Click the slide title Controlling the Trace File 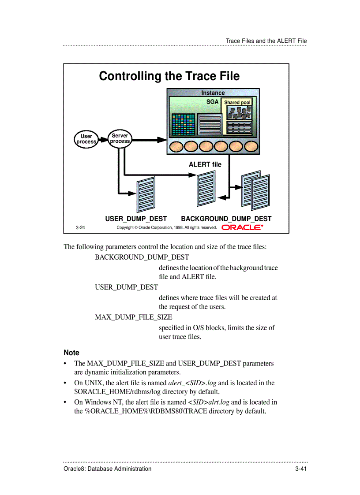click(169, 76)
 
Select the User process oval click(86, 139)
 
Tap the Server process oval click(120, 138)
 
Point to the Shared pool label click(237, 103)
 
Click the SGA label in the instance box click(213, 101)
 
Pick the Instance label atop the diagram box click(213, 93)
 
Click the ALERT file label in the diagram click(205, 164)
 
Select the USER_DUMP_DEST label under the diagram click(136, 219)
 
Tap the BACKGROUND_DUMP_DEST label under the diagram click(226, 219)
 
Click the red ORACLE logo click(242, 227)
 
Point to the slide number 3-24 click(80, 228)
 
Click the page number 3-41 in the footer click(301, 469)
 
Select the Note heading click(71, 353)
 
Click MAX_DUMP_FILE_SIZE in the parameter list click(133, 317)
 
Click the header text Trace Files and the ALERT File click(266, 41)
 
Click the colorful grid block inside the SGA click(183, 125)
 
